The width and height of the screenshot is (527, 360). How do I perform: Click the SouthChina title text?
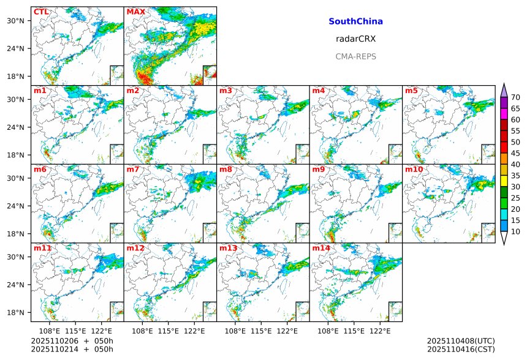[355, 21]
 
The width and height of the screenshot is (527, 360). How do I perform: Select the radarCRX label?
[355, 39]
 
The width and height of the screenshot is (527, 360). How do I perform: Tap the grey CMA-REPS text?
[355, 56]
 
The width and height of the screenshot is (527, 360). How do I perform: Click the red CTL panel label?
[41, 12]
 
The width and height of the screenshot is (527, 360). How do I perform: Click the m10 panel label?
[414, 170]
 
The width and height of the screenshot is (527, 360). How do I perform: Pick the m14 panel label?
[320, 249]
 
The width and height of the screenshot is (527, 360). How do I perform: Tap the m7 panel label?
[133, 170]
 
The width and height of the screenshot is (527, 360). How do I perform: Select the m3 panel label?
[226, 91]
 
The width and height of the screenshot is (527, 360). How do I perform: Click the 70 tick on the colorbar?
[515, 97]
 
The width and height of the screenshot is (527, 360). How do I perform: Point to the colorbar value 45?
[515, 153]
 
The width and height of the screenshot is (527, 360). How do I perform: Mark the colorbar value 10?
[515, 231]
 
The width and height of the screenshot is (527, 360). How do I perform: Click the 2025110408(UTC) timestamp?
[461, 340]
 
